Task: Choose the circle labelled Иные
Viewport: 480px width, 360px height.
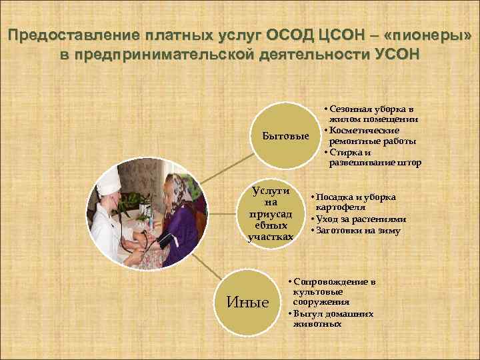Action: click(249, 302)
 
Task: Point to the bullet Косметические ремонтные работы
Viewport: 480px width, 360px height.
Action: click(372, 135)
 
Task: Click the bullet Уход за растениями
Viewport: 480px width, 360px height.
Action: click(361, 219)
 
